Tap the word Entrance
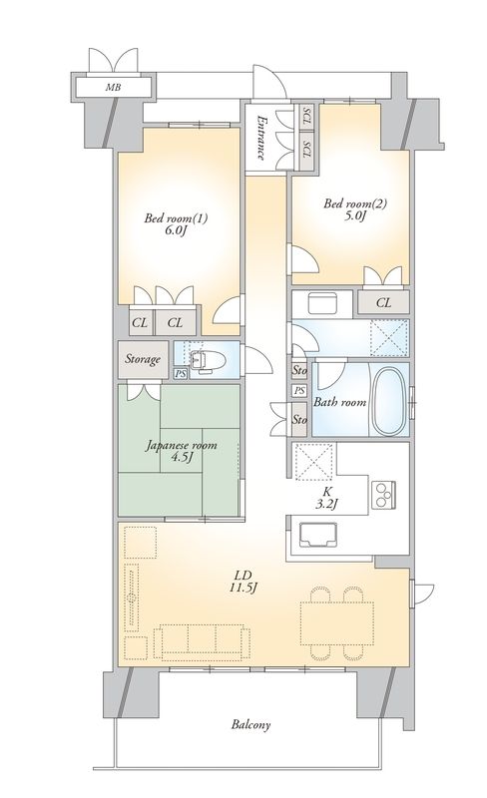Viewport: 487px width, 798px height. pyautogui.click(x=260, y=139)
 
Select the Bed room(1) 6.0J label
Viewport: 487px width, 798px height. pyautogui.click(x=167, y=225)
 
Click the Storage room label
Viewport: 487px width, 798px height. pyautogui.click(x=143, y=358)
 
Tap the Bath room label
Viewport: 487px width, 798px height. pyautogui.click(x=340, y=403)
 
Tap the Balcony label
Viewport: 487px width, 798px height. pyautogui.click(x=253, y=724)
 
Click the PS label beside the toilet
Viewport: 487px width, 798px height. pyautogui.click(x=180, y=374)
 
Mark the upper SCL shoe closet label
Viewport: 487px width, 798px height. pyautogui.click(x=307, y=117)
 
